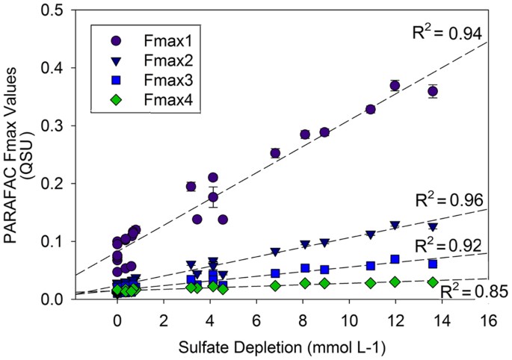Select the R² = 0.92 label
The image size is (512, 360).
(448, 244)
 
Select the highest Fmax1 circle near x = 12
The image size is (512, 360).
(395, 85)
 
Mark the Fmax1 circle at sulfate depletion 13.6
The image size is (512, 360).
(432, 91)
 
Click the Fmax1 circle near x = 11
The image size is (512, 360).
(370, 109)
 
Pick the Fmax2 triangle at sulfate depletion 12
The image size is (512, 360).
(395, 225)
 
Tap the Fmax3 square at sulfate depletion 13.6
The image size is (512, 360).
(432, 264)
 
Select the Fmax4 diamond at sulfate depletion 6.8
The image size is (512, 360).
(275, 285)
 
